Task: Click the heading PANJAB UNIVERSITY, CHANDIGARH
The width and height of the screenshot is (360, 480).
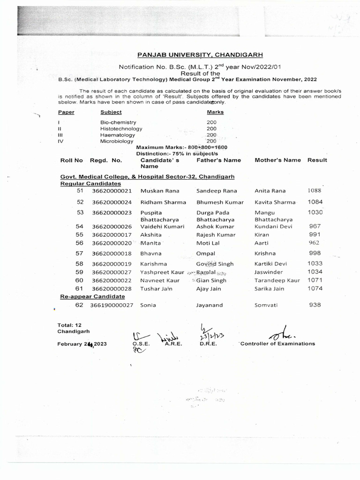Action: [x=200, y=55]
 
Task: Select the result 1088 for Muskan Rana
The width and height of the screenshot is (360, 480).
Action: [x=315, y=191]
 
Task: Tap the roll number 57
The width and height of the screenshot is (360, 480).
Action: [x=79, y=253]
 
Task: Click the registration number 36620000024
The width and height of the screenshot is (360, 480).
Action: [x=112, y=202]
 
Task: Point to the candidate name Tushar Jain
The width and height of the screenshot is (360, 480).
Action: [x=156, y=289]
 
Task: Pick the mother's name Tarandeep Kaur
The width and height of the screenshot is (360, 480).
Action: [x=277, y=280]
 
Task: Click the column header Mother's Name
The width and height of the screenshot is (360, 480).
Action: [x=277, y=160]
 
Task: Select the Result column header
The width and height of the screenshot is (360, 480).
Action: [x=317, y=160]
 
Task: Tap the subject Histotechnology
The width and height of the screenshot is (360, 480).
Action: [x=121, y=128]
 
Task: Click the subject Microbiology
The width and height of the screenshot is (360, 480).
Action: [x=116, y=141]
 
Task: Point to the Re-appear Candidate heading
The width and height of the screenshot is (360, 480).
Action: [x=92, y=296]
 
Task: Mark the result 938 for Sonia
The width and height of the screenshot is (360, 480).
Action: [x=315, y=305]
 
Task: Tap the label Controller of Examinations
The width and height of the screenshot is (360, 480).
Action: [x=278, y=344]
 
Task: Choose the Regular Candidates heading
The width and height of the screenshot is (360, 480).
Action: [x=90, y=184]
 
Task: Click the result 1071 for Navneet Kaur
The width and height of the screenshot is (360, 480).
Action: [x=315, y=280]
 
